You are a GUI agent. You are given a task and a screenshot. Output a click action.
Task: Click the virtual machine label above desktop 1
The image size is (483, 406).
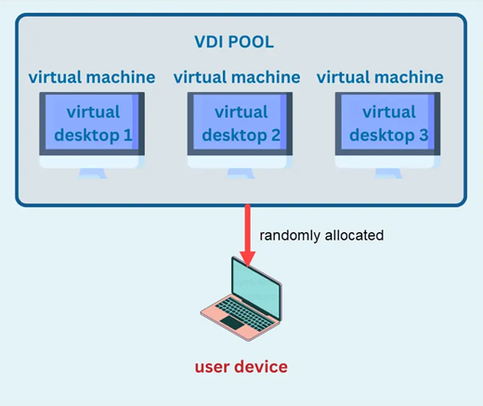pos(92,76)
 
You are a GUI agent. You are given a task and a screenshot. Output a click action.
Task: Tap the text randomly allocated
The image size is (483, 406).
pos(321,236)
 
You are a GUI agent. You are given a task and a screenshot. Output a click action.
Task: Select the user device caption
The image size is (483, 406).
pos(241,366)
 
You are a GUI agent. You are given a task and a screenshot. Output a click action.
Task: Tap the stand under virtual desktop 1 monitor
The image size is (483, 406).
pos(92,173)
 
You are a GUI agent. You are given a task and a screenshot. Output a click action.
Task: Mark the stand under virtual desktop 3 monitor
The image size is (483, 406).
pos(389,173)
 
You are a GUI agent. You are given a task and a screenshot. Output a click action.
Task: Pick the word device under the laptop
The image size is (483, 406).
pos(260,366)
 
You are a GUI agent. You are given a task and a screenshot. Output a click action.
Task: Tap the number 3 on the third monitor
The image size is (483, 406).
pos(424,137)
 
